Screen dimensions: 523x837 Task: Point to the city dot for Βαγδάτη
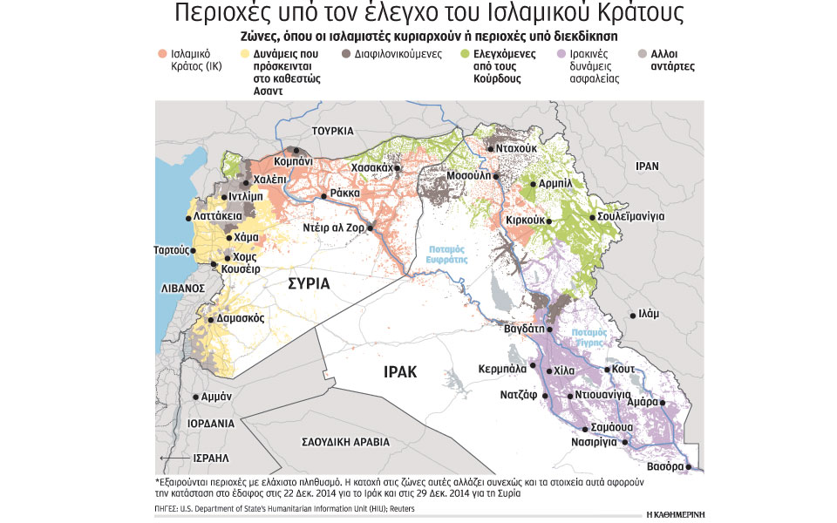coord(550,329)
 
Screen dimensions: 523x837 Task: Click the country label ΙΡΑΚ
coord(400,372)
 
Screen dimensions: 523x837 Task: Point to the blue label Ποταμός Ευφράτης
coord(447,254)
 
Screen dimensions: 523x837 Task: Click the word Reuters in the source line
coord(398,508)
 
